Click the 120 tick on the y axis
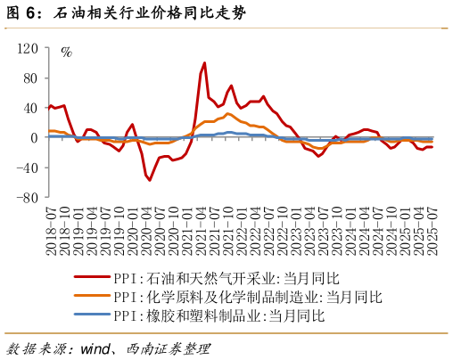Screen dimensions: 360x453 click(x=27, y=47)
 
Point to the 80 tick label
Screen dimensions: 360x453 click(x=29, y=78)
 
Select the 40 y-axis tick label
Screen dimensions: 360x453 click(x=29, y=108)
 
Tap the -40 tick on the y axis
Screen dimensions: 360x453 click(x=27, y=168)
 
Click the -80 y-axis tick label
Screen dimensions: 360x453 click(x=27, y=198)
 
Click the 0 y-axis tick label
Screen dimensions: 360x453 click(x=34, y=138)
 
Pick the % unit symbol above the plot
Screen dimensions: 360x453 click(x=66, y=52)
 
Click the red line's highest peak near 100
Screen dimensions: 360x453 click(x=204, y=63)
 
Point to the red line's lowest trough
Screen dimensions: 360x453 click(x=149, y=180)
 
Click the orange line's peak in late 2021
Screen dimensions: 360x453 click(x=228, y=113)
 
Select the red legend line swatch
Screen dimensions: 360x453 click(x=91, y=278)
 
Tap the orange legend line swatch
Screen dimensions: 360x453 click(x=91, y=297)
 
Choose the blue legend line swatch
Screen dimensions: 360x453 click(x=91, y=315)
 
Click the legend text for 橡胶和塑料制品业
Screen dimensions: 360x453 click(x=214, y=315)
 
